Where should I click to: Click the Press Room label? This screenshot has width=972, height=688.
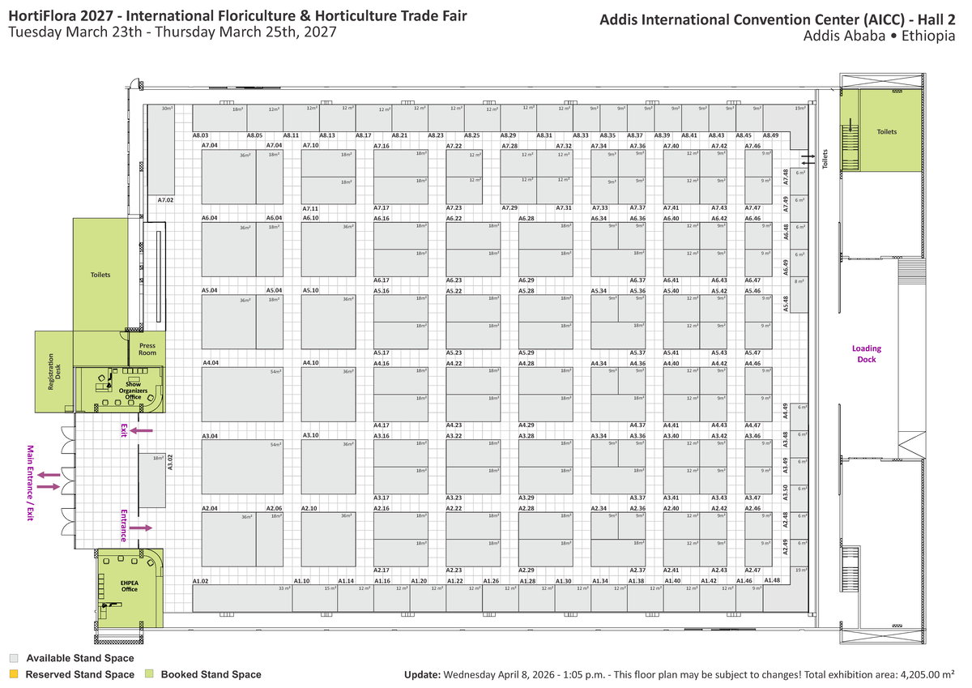click(x=147, y=349)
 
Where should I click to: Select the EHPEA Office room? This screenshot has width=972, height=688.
click(x=130, y=586)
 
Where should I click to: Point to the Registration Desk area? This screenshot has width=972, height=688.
click(x=54, y=371)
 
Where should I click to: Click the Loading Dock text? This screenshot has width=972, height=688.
click(x=864, y=353)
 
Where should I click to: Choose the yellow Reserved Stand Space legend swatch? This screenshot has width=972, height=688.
click(x=14, y=674)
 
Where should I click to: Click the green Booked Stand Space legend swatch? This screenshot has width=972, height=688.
click(x=149, y=674)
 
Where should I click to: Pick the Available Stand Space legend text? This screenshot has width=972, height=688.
click(x=80, y=659)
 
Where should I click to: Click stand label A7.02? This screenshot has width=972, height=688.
click(x=166, y=199)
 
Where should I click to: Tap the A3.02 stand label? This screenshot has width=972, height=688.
click(x=170, y=462)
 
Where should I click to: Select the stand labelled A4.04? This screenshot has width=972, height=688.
click(x=211, y=363)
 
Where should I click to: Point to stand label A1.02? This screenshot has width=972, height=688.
click(x=201, y=581)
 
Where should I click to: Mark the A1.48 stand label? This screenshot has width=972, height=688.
click(x=772, y=580)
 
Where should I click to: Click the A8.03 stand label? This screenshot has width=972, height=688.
click(x=201, y=135)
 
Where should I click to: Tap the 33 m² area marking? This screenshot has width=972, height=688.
click(x=283, y=588)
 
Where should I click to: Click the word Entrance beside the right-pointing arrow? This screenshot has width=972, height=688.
click(x=124, y=525)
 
